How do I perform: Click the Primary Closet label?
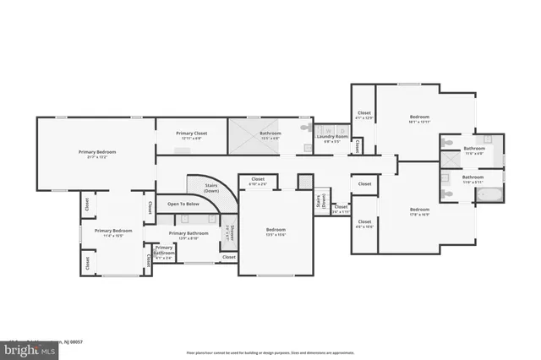(x=189, y=135)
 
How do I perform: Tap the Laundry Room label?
(x=332, y=139)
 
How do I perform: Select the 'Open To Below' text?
(x=183, y=204)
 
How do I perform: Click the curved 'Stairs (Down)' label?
(x=211, y=188)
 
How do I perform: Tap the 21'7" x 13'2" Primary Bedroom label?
(x=97, y=154)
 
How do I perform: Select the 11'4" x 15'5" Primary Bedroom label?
(x=113, y=232)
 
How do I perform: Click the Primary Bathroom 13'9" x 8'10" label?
(x=189, y=235)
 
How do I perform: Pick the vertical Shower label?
(x=227, y=232)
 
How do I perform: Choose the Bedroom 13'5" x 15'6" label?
(x=276, y=232)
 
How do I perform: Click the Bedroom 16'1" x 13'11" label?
(x=420, y=119)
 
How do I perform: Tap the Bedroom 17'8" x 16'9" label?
(x=420, y=211)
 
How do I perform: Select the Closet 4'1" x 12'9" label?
(x=364, y=115)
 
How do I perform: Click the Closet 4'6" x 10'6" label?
(x=364, y=225)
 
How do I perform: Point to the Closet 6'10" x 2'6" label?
(x=258, y=181)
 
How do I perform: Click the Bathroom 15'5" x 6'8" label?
(x=270, y=134)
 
